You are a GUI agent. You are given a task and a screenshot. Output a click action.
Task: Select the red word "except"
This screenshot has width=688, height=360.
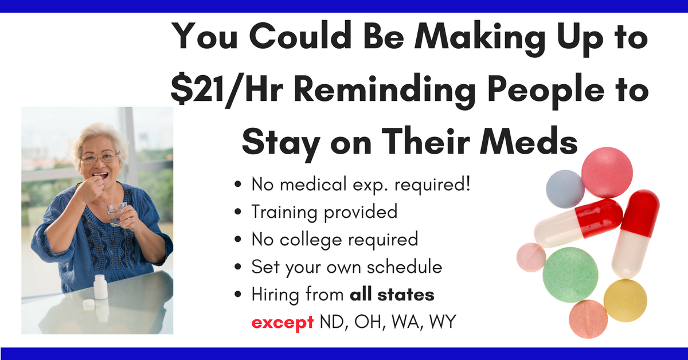pyautogui.click(x=283, y=323)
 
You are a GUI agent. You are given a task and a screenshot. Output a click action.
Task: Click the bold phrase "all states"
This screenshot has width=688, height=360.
pyautogui.click(x=392, y=294)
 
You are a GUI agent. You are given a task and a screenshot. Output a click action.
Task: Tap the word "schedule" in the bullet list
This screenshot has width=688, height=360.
pyautogui.click(x=405, y=267)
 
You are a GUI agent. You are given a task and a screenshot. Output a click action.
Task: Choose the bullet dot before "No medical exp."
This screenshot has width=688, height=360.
pyautogui.click(x=238, y=185)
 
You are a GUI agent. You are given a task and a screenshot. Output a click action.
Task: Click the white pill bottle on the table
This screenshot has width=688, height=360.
pyautogui.click(x=101, y=287)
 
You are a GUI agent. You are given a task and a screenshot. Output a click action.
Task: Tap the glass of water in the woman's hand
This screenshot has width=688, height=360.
pyautogui.click(x=117, y=214)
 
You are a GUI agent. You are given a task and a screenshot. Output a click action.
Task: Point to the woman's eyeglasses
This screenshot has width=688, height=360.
pyautogui.click(x=99, y=158)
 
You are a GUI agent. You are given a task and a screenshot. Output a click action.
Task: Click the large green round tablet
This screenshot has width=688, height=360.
pyautogui.click(x=570, y=275)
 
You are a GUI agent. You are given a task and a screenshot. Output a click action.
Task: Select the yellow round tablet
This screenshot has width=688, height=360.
pyautogui.click(x=626, y=300)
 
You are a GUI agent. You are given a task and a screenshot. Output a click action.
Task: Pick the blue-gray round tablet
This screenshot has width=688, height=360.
pyautogui.click(x=565, y=189)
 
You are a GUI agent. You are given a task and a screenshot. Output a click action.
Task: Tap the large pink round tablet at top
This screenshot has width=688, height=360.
pyautogui.click(x=607, y=173)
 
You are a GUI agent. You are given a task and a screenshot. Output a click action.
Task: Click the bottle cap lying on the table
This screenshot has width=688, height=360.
pyautogui.click(x=89, y=304)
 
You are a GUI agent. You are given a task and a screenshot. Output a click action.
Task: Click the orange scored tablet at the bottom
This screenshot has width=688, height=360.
pyautogui.click(x=588, y=319)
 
